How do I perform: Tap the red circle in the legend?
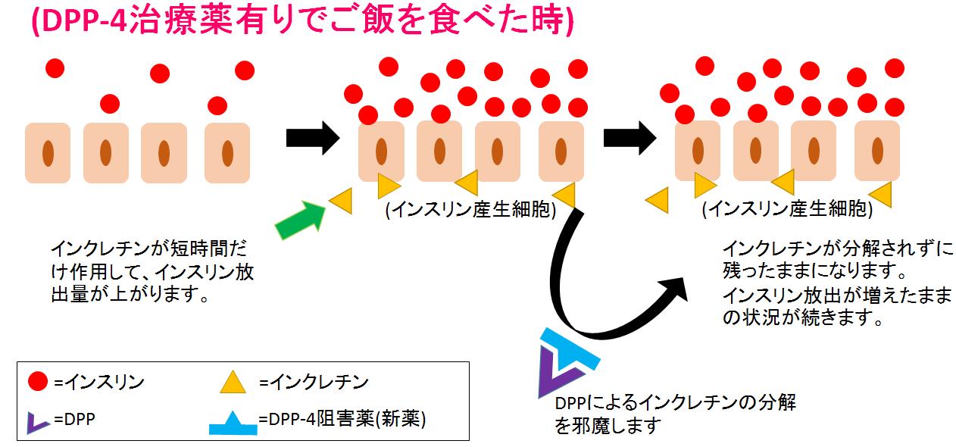tap(39, 383)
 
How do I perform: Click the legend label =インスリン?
tap(98, 383)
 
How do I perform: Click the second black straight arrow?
tap(630, 137)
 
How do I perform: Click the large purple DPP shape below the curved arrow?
tap(553, 375)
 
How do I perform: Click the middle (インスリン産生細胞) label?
tap(470, 210)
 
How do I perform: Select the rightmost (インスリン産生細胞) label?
tap(787, 210)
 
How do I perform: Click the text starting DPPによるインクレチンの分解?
tap(675, 402)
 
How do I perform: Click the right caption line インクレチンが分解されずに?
tap(836, 249)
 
